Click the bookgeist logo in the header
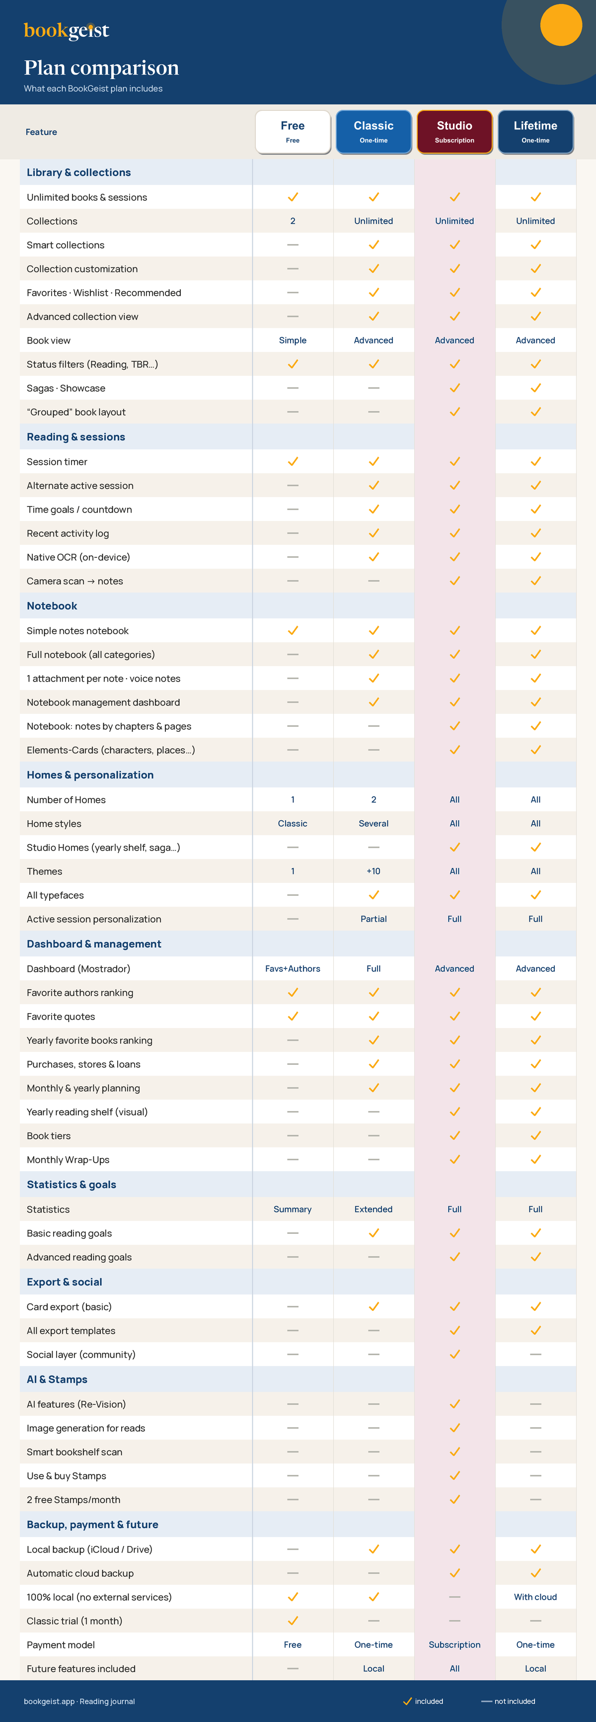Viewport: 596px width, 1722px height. pos(66,30)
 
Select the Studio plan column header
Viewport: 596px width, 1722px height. pos(454,132)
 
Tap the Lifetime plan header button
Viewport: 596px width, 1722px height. pos(535,132)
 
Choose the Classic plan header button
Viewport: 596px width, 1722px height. pos(373,132)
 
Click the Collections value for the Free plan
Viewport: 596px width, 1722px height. pos(293,221)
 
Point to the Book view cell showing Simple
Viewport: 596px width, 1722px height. pos(293,340)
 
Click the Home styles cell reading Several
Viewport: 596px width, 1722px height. pos(373,824)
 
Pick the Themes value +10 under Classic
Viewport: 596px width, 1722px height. pos(373,871)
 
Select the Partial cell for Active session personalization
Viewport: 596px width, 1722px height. pos(373,919)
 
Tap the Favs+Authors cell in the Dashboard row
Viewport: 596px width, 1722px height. pos(293,968)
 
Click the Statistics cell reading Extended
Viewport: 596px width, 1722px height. pos(373,1209)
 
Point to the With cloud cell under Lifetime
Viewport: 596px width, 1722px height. pos(535,1597)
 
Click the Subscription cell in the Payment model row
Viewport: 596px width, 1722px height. pos(454,1644)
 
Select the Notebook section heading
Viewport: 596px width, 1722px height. pos(52,605)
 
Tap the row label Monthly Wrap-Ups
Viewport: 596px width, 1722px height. pos(68,1160)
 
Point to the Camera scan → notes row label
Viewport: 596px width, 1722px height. pos(75,581)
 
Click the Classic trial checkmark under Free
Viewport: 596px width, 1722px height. pos(293,1621)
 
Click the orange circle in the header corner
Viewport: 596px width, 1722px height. pos(561,25)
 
